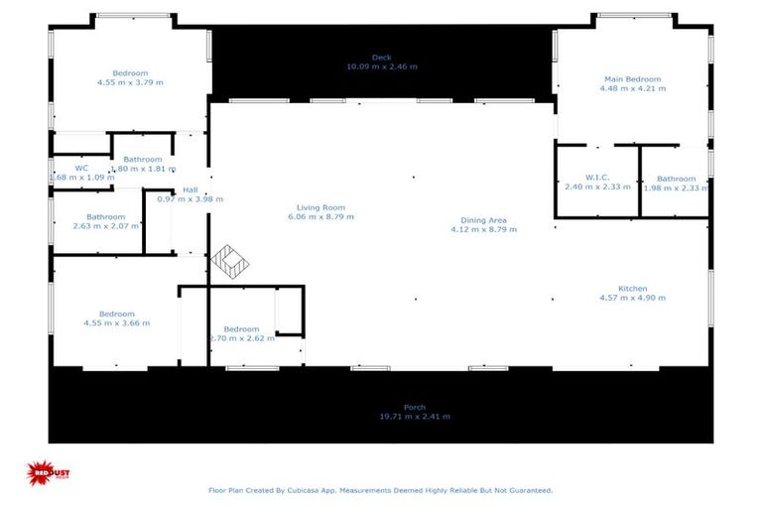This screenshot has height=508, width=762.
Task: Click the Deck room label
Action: tap(382, 58)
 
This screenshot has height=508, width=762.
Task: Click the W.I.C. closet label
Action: tap(596, 178)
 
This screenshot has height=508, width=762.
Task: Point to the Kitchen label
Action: tap(632, 289)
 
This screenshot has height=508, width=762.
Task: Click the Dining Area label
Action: tap(484, 220)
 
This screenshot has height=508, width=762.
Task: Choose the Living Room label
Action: tap(321, 207)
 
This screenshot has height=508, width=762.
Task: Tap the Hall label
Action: tap(190, 190)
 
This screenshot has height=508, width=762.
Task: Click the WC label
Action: tap(81, 168)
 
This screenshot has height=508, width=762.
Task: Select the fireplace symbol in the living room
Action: tap(229, 262)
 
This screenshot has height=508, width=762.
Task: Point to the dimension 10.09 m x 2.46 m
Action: tap(382, 66)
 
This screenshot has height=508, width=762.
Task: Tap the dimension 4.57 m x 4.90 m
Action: tap(632, 298)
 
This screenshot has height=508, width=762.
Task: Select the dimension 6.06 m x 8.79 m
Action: tap(321, 216)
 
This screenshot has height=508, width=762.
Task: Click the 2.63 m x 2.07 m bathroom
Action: tap(105, 221)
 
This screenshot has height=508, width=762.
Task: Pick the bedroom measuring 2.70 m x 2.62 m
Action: tap(241, 333)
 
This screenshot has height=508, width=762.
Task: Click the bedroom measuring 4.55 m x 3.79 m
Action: tap(130, 77)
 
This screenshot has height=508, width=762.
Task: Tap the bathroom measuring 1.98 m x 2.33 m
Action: tap(676, 183)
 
